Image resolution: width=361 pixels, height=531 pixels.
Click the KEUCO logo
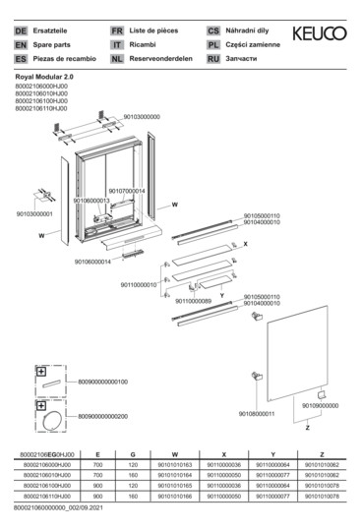321,34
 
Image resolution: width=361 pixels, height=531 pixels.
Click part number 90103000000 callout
142,117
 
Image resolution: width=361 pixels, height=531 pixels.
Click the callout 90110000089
193,301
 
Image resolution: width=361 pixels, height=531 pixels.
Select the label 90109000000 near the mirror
320,405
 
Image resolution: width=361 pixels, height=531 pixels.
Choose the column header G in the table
132,454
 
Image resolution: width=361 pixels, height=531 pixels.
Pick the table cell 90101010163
174,464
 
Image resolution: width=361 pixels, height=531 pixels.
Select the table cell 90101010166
174,497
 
